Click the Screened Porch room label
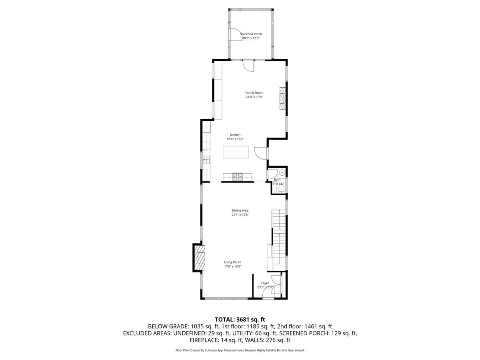click(x=251, y=34)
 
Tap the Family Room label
click(x=254, y=93)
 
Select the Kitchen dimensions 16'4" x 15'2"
click(x=235, y=139)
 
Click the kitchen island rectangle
click(x=236, y=152)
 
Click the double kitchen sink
click(x=206, y=160)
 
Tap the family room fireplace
click(x=283, y=98)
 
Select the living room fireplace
click(x=199, y=258)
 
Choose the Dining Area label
click(x=240, y=210)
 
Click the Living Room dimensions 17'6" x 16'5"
click(x=232, y=266)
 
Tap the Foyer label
click(x=265, y=283)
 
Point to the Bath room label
click(x=277, y=180)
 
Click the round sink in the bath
click(x=282, y=173)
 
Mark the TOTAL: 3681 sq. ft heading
click(x=240, y=319)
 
